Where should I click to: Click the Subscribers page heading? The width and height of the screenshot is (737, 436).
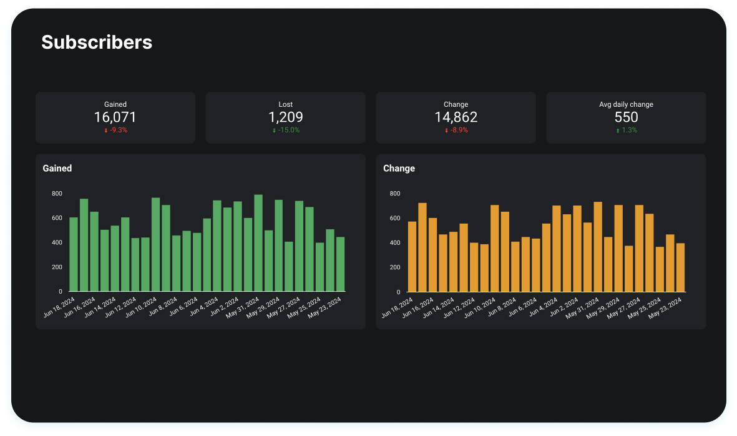(97, 42)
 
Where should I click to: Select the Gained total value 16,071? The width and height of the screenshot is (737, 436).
(115, 117)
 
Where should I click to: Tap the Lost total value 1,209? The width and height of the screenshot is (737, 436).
(286, 117)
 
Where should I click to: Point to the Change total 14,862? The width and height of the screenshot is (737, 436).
(456, 117)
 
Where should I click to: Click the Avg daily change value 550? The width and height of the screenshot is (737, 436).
(626, 117)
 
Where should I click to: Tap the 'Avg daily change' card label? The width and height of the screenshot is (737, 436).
(626, 104)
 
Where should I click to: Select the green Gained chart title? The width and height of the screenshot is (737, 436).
(57, 168)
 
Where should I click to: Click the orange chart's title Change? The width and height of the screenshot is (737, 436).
(399, 168)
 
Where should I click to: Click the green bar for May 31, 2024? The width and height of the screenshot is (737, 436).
(258, 243)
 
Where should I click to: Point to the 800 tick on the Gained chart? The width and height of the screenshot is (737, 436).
(57, 194)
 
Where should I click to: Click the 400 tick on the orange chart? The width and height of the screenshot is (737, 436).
(394, 243)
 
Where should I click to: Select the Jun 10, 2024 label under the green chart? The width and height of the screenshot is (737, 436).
(139, 308)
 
